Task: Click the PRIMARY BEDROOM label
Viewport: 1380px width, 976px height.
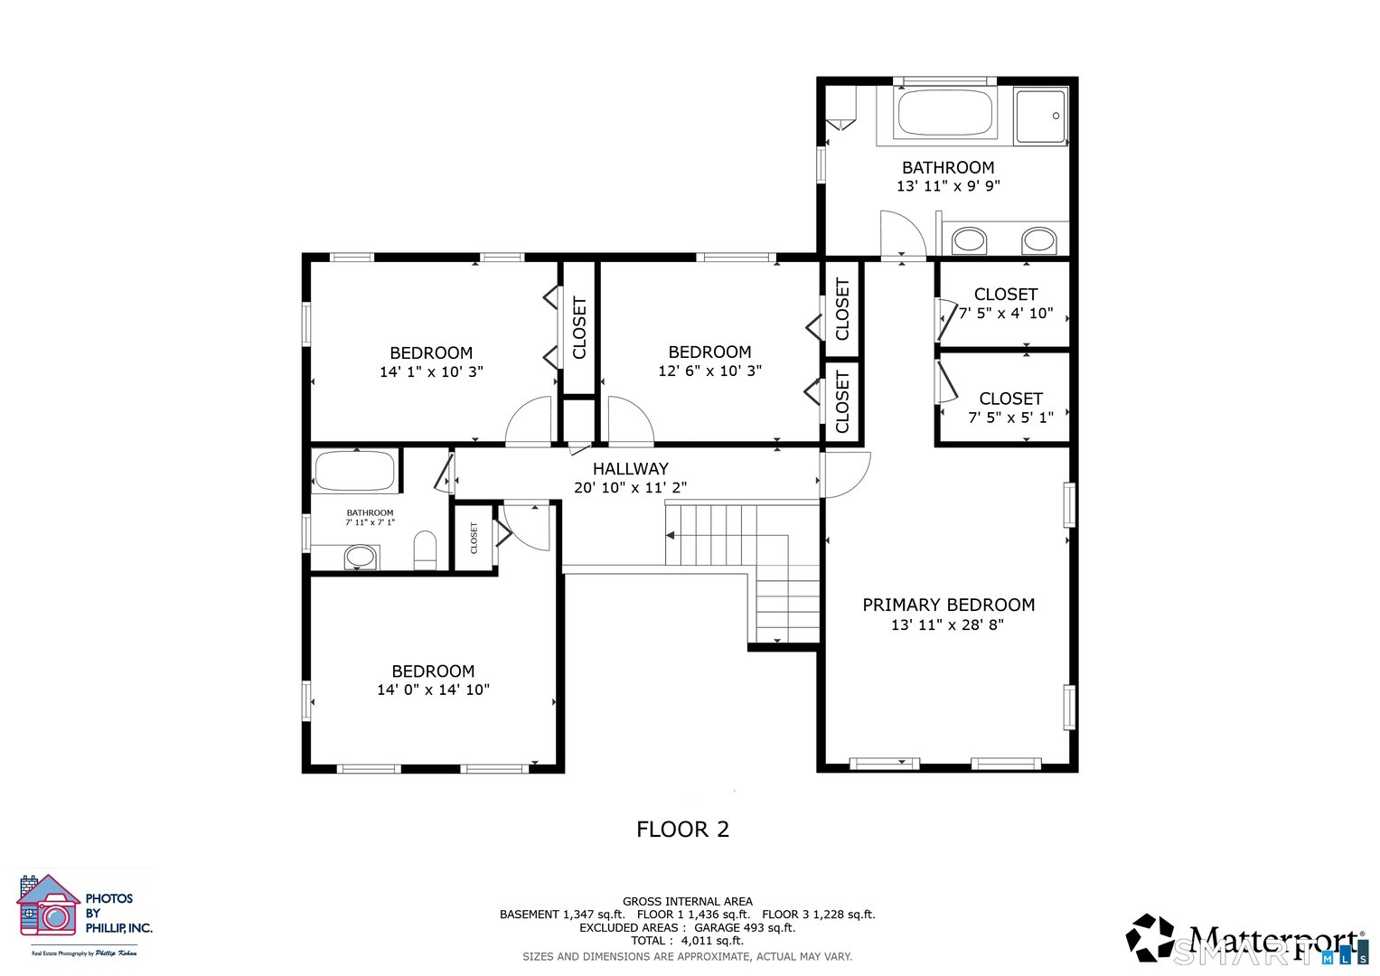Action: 948,605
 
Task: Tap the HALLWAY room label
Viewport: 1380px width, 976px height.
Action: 630,468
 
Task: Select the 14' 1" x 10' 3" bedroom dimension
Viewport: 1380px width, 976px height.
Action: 431,371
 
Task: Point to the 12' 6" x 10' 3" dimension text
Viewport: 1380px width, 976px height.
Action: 709,371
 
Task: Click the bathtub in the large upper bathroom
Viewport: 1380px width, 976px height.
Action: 944,113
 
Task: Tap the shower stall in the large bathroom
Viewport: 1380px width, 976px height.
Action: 1040,116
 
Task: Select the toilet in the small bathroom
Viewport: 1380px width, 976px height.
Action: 425,550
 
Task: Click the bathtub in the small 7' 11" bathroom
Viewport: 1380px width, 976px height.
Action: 354,471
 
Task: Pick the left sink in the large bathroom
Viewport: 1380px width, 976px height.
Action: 969,240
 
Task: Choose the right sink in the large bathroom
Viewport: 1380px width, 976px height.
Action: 1038,240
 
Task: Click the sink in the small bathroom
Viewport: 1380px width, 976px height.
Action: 361,557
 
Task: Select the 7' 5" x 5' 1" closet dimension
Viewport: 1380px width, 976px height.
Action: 1010,418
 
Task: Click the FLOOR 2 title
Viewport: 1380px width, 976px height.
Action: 682,829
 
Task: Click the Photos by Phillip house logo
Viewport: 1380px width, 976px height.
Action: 49,906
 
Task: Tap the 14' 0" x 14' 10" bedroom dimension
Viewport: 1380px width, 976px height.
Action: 433,690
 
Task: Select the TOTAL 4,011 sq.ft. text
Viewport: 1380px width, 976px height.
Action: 687,941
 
